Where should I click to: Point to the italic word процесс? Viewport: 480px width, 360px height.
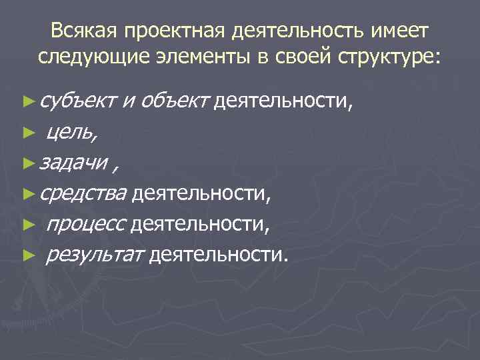tap(84, 225)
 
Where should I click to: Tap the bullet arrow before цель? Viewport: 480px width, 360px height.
tap(28, 133)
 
